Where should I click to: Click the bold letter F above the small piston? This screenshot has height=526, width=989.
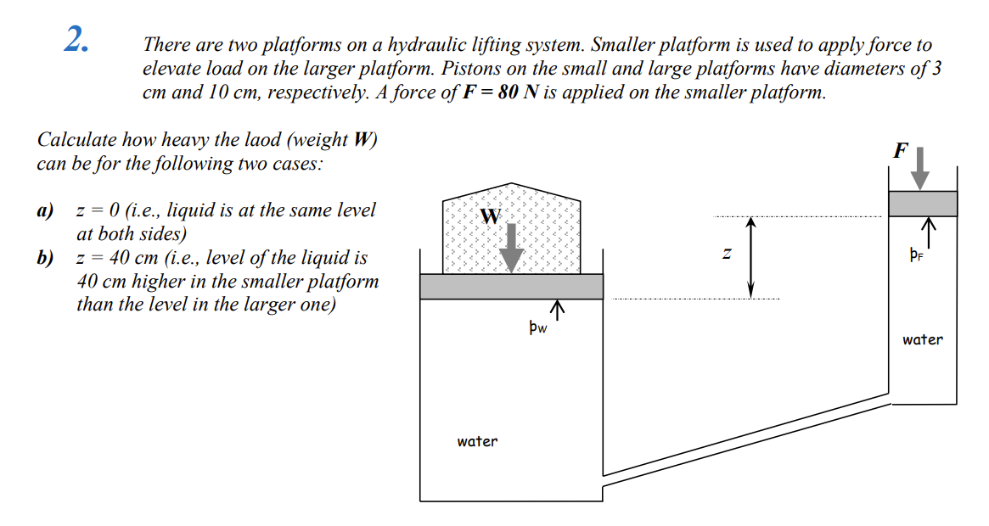(x=901, y=151)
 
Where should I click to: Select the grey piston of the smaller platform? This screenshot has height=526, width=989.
(x=923, y=204)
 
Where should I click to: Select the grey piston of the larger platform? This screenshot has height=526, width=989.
(x=511, y=287)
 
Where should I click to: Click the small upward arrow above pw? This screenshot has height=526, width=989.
(x=558, y=309)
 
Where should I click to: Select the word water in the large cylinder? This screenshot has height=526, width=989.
(x=477, y=441)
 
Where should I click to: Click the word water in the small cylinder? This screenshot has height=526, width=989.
(x=922, y=339)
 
